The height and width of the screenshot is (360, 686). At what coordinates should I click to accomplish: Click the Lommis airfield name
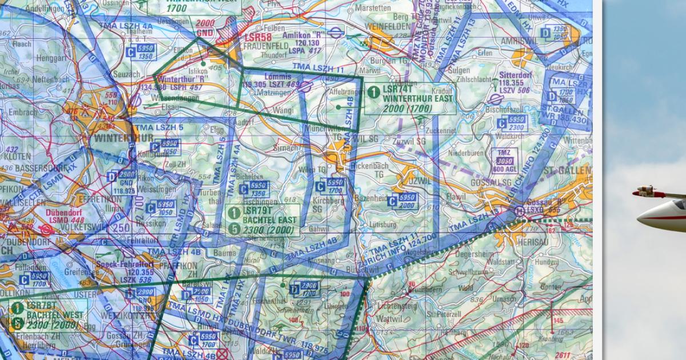pyautogui.click(x=278, y=76)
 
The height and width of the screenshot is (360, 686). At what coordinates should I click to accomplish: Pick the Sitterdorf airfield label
pyautogui.click(x=512, y=75)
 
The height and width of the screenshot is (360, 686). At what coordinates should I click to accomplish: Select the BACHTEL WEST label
pyautogui.click(x=50, y=315)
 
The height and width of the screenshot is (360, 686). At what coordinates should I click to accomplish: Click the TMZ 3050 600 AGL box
pyautogui.click(x=504, y=159)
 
